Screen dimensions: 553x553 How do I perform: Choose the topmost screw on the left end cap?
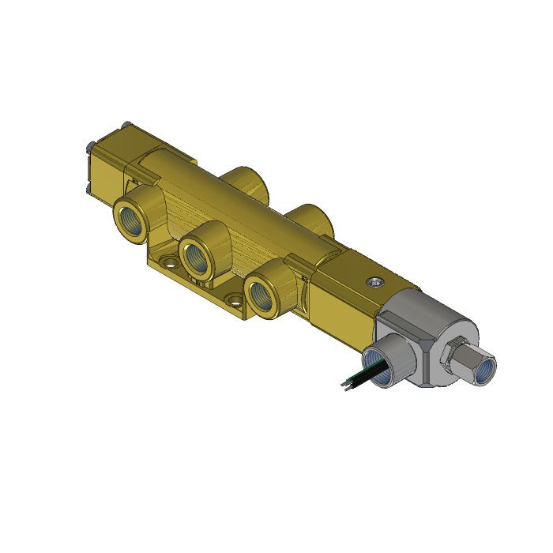126,123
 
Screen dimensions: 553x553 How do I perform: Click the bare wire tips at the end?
342,384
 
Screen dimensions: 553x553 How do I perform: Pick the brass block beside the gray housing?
348,288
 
